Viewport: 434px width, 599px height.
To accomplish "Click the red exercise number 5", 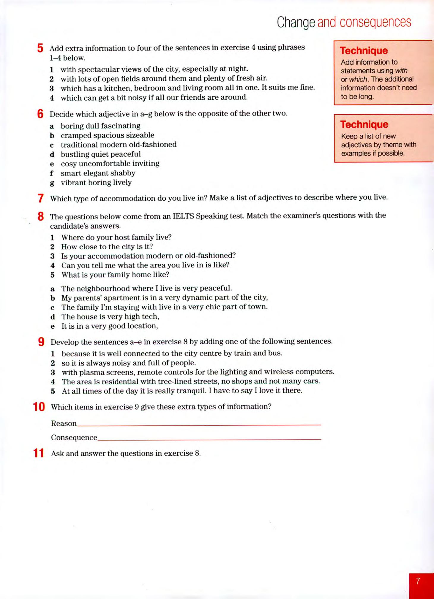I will point(40,48).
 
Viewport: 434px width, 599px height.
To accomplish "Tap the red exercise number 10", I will point(39,407).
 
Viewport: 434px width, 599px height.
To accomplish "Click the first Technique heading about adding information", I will point(364,50).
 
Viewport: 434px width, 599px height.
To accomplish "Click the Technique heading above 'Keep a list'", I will point(364,124).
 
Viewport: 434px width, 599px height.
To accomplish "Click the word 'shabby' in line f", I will point(123,173).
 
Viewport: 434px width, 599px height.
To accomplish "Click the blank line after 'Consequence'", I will point(209,438).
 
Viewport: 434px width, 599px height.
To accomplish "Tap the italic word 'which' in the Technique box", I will point(357,79).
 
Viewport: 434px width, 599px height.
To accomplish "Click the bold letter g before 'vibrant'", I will point(52,183).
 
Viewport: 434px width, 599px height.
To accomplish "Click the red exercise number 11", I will point(39,453).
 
